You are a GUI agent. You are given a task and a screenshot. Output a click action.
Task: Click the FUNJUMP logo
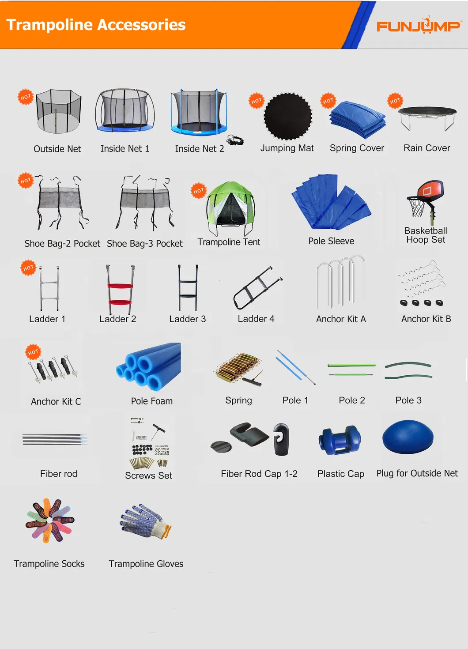pos(418,26)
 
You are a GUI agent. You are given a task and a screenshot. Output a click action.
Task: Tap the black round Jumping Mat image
pos(288,117)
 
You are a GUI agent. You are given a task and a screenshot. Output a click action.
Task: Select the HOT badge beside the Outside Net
pos(26,97)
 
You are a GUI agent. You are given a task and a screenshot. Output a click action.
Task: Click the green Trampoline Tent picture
pos(230,207)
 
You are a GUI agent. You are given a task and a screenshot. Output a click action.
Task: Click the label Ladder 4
pos(256,319)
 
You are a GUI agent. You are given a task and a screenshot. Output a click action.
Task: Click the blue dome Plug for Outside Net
pos(408,438)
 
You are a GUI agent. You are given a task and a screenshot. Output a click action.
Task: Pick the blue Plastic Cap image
pos(339,440)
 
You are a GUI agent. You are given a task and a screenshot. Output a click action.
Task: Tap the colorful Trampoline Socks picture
pos(49,520)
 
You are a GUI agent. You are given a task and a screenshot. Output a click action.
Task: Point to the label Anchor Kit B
pos(426,319)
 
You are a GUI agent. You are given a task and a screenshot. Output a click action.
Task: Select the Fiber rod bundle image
pos(55,439)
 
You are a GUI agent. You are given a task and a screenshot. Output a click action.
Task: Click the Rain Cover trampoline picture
pos(427,117)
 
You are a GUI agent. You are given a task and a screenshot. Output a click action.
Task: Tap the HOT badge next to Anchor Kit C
pos(33,352)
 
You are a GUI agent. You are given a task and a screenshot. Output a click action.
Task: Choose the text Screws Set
pos(148,475)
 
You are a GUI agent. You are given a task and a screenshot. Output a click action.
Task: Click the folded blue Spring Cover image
pos(358,120)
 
